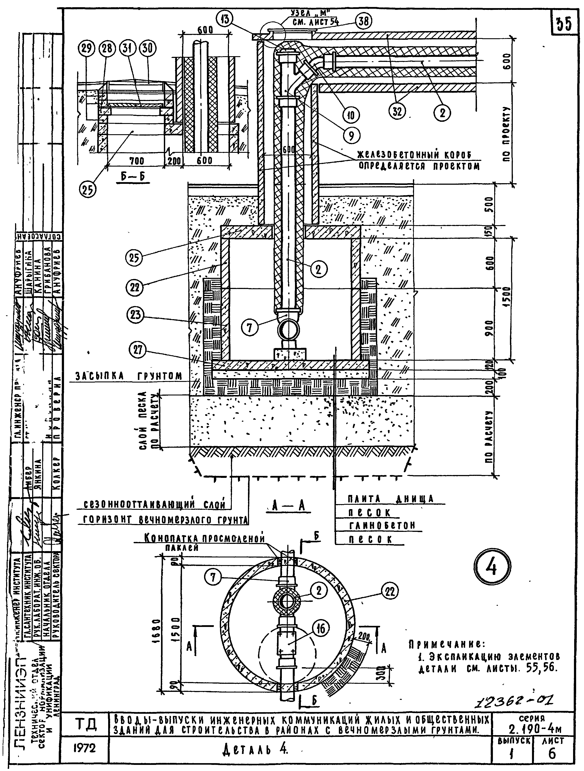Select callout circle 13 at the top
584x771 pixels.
click(x=225, y=19)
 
